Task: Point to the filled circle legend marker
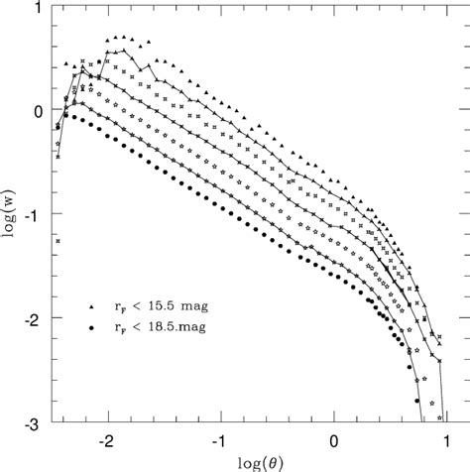coord(92,325)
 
